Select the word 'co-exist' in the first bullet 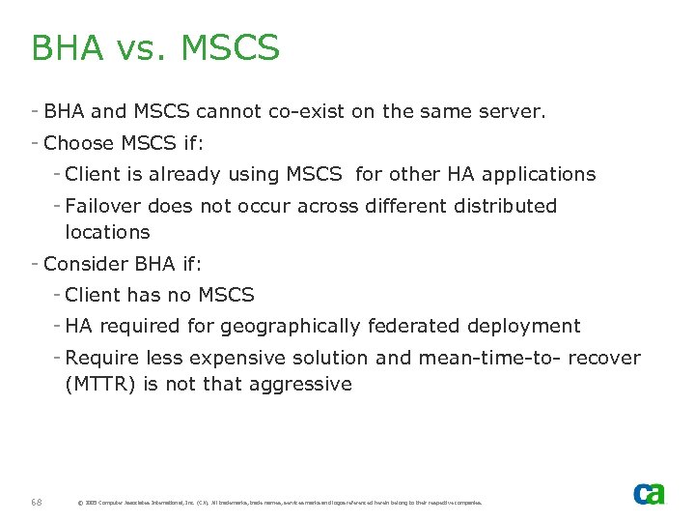tap(307, 111)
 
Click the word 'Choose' tap(79, 143)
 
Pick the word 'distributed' tap(502, 206)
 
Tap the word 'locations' tap(107, 232)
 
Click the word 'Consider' tap(86, 263)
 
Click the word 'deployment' tap(525, 326)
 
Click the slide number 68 tap(37, 502)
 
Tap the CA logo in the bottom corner tap(649, 494)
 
